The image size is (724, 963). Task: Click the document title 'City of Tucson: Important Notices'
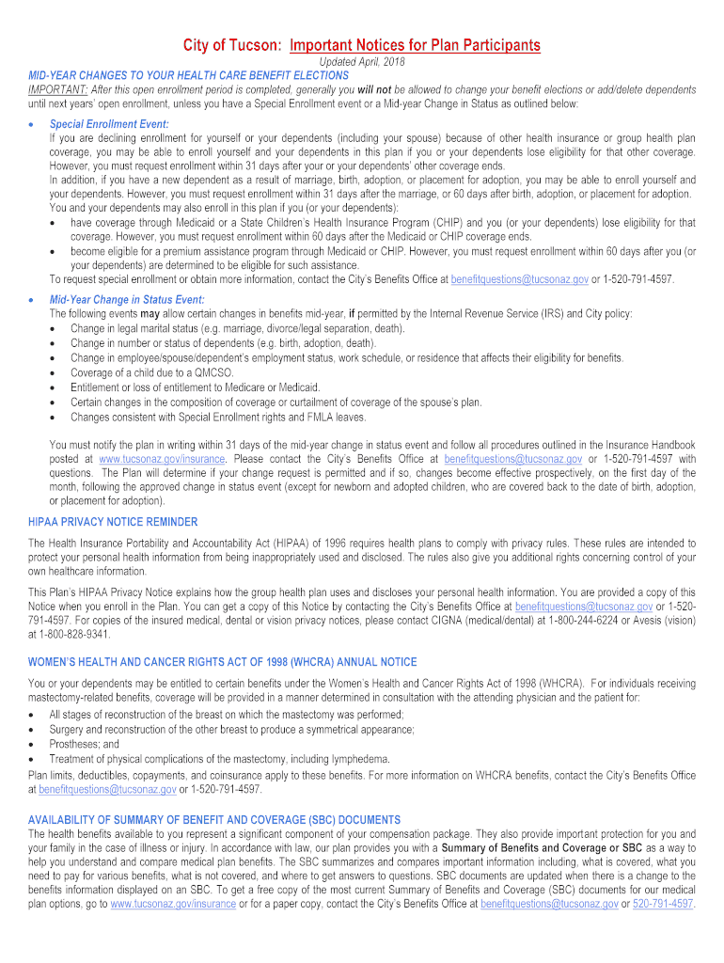coord(362,45)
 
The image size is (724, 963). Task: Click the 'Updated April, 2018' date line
coord(362,62)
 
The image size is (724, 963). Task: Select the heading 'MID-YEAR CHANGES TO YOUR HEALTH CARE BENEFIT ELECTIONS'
coord(188,75)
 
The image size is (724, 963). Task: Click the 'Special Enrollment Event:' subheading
coord(109,124)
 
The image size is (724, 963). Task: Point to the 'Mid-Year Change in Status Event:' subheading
coord(127,299)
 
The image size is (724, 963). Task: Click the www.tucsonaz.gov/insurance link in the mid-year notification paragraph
coord(162,459)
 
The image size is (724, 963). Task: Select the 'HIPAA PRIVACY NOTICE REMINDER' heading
coord(113,522)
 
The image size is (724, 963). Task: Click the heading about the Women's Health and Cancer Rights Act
coord(222,662)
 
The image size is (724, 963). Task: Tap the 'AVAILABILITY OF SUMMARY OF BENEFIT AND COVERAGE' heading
coord(214,820)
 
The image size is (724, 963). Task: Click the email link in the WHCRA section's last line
coord(107,790)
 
